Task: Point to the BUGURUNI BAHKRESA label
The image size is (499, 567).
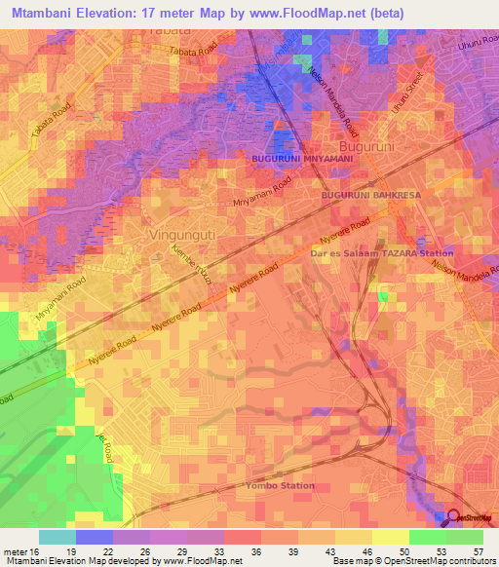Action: coord(370,196)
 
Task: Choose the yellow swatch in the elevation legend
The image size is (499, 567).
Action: coord(391,537)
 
